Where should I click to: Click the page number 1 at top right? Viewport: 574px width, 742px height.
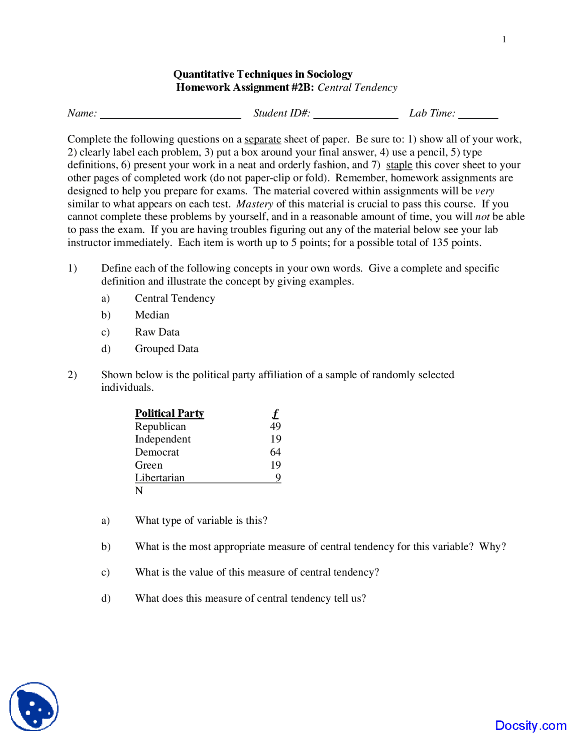click(x=504, y=39)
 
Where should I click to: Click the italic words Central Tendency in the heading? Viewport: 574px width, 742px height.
click(x=357, y=87)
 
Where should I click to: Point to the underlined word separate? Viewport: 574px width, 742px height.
click(x=262, y=139)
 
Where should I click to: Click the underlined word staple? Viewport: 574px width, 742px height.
click(x=399, y=165)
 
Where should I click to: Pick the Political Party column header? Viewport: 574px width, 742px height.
click(x=170, y=413)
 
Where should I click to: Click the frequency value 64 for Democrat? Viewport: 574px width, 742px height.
click(x=275, y=452)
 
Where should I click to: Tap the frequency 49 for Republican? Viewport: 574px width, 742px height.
click(x=275, y=426)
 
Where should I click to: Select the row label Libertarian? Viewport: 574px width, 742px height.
click(x=160, y=478)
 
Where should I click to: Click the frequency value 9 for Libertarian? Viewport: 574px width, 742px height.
click(x=278, y=478)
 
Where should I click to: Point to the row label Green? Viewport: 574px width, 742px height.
click(x=148, y=465)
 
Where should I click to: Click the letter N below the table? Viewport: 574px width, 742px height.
click(x=139, y=491)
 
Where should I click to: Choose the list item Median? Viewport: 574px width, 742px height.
click(x=152, y=315)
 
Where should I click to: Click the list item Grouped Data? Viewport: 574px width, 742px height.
click(x=166, y=349)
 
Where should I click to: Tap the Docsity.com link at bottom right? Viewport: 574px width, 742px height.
click(x=531, y=725)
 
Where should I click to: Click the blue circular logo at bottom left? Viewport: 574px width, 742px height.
click(x=34, y=707)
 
